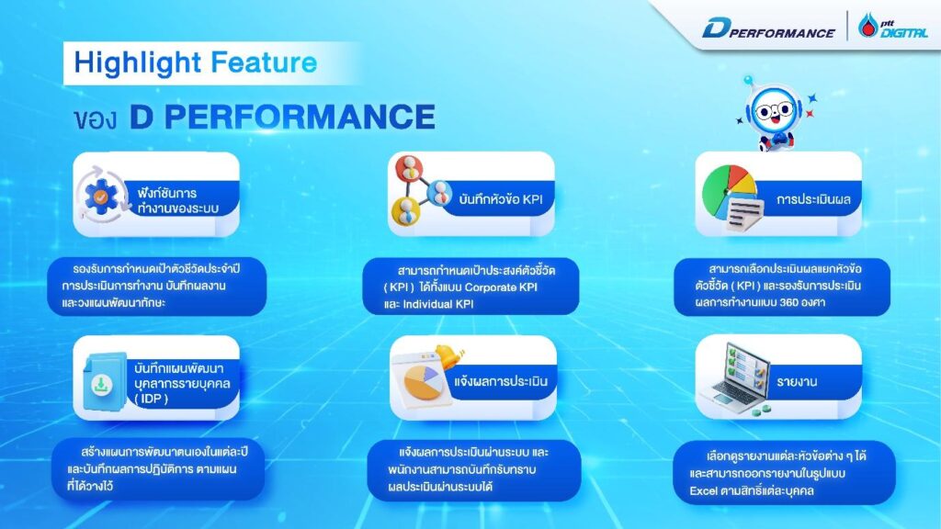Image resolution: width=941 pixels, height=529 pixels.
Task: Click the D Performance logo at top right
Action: [768, 29]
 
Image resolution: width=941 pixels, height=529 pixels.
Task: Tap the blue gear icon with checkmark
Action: [103, 194]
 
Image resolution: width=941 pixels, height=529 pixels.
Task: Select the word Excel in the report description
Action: [708, 489]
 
